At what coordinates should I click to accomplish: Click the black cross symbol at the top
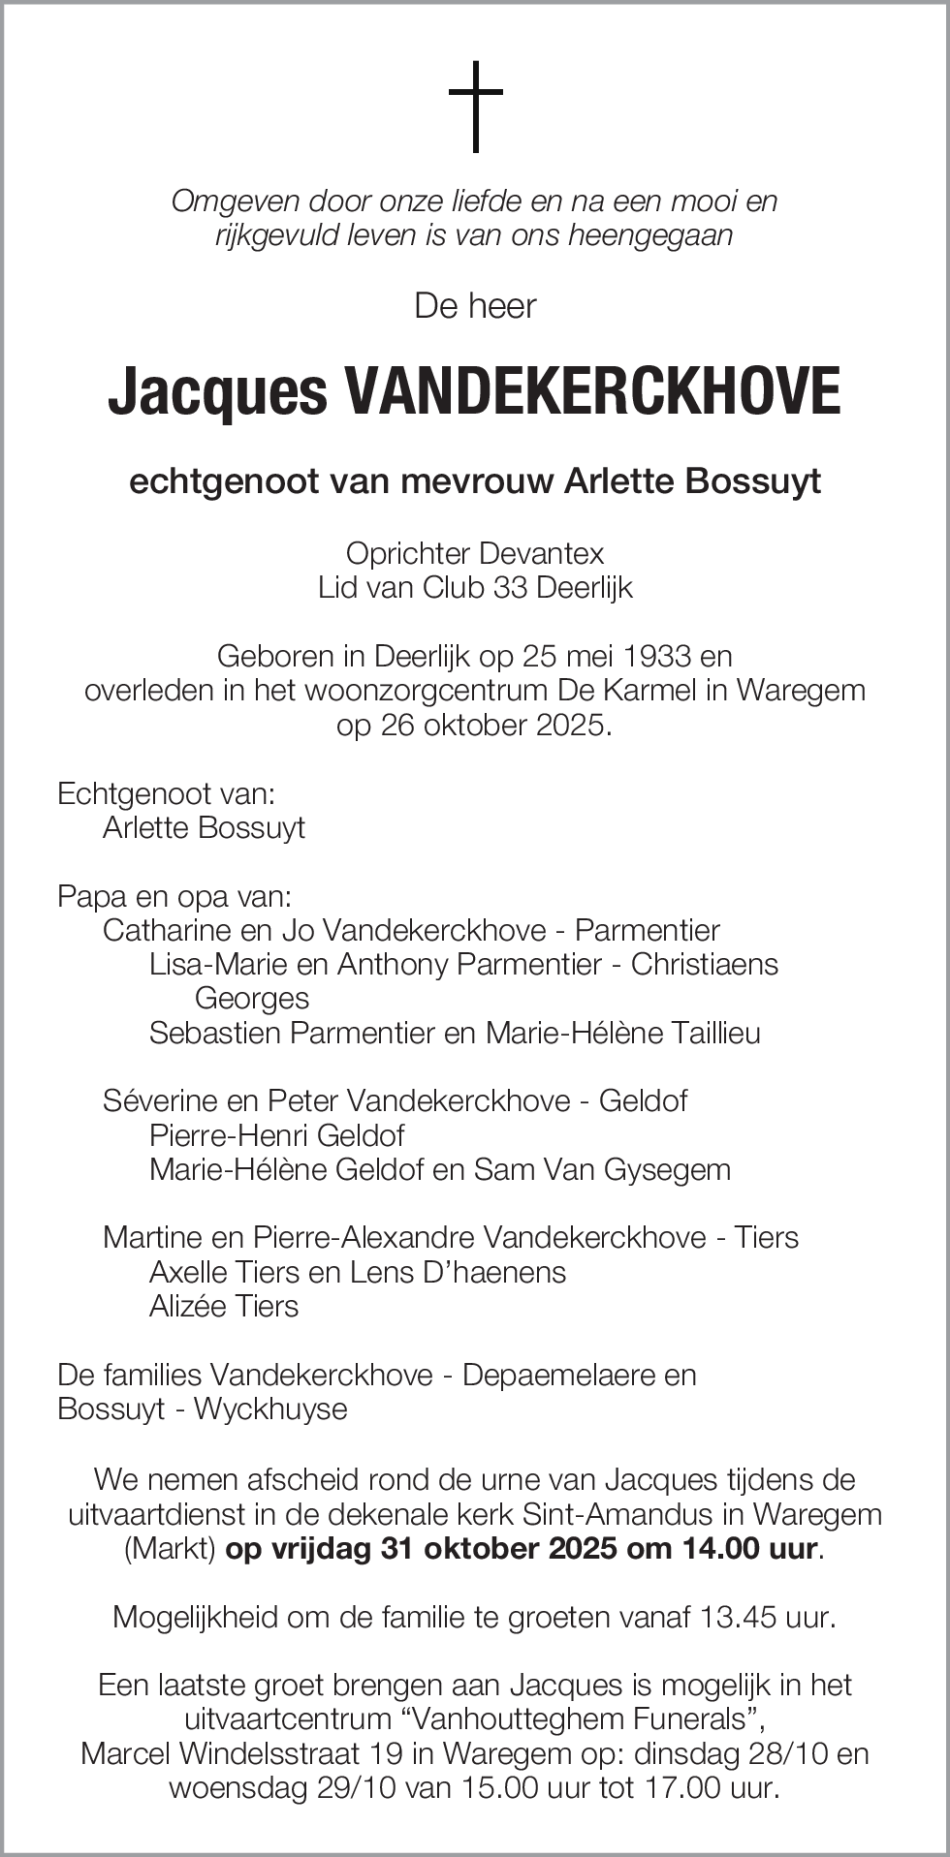point(475,107)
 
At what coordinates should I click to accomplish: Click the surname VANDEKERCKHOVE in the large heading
point(592,392)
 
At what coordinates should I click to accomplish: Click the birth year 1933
point(658,657)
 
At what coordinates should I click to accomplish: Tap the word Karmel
point(660,691)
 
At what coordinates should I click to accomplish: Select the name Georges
point(252,999)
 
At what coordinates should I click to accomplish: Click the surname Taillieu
point(713,1033)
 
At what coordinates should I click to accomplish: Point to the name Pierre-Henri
point(228,1135)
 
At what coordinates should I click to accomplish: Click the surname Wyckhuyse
point(270,1408)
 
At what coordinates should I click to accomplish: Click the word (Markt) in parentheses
point(170,1548)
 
